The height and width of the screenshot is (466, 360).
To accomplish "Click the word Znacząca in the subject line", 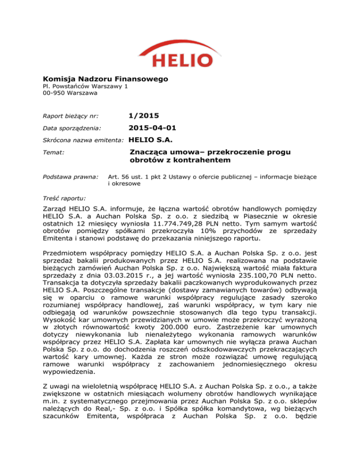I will (x=150, y=152).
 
